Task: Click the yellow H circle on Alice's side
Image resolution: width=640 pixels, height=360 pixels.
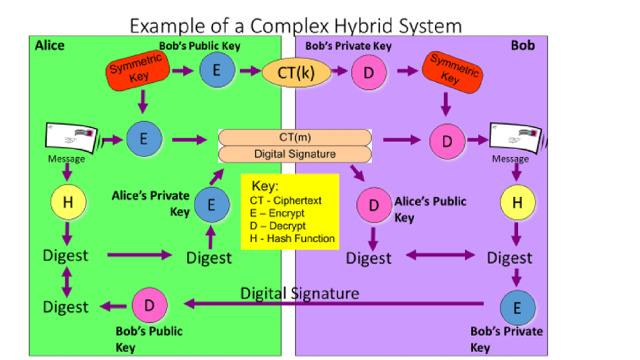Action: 67,203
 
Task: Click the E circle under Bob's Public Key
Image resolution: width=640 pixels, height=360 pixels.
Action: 216,71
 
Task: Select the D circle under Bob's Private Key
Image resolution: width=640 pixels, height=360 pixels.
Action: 369,72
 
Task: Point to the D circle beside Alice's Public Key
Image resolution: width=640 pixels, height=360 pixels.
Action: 374,206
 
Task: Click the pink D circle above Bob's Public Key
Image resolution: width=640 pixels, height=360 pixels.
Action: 149,305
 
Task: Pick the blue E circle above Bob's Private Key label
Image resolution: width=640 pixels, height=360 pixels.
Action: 517,307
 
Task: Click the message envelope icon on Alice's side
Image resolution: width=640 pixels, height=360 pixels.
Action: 71,137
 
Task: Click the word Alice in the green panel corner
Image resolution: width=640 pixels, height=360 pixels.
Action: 49,46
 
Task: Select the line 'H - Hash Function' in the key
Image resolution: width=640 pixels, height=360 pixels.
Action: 292,238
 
